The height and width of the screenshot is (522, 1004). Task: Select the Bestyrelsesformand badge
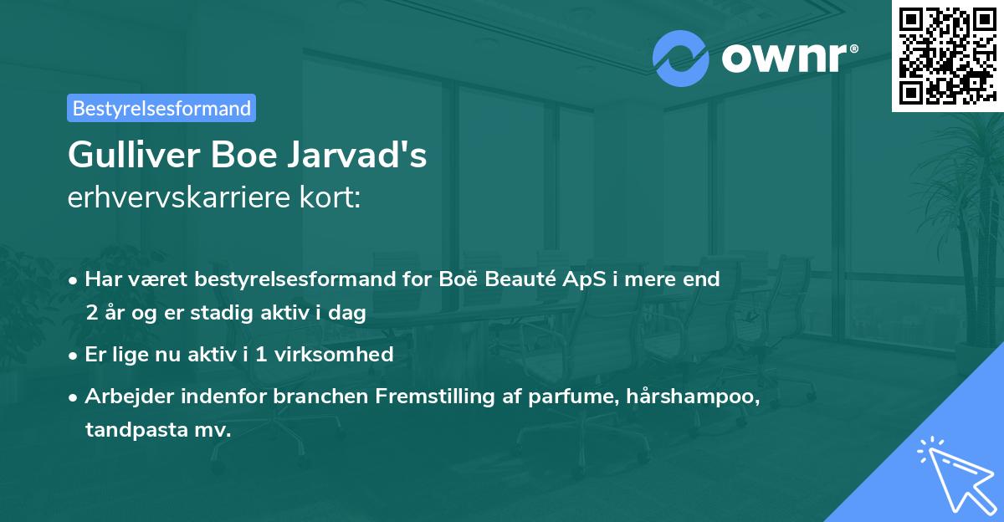coord(161,108)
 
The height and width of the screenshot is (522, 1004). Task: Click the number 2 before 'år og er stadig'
coord(90,313)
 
